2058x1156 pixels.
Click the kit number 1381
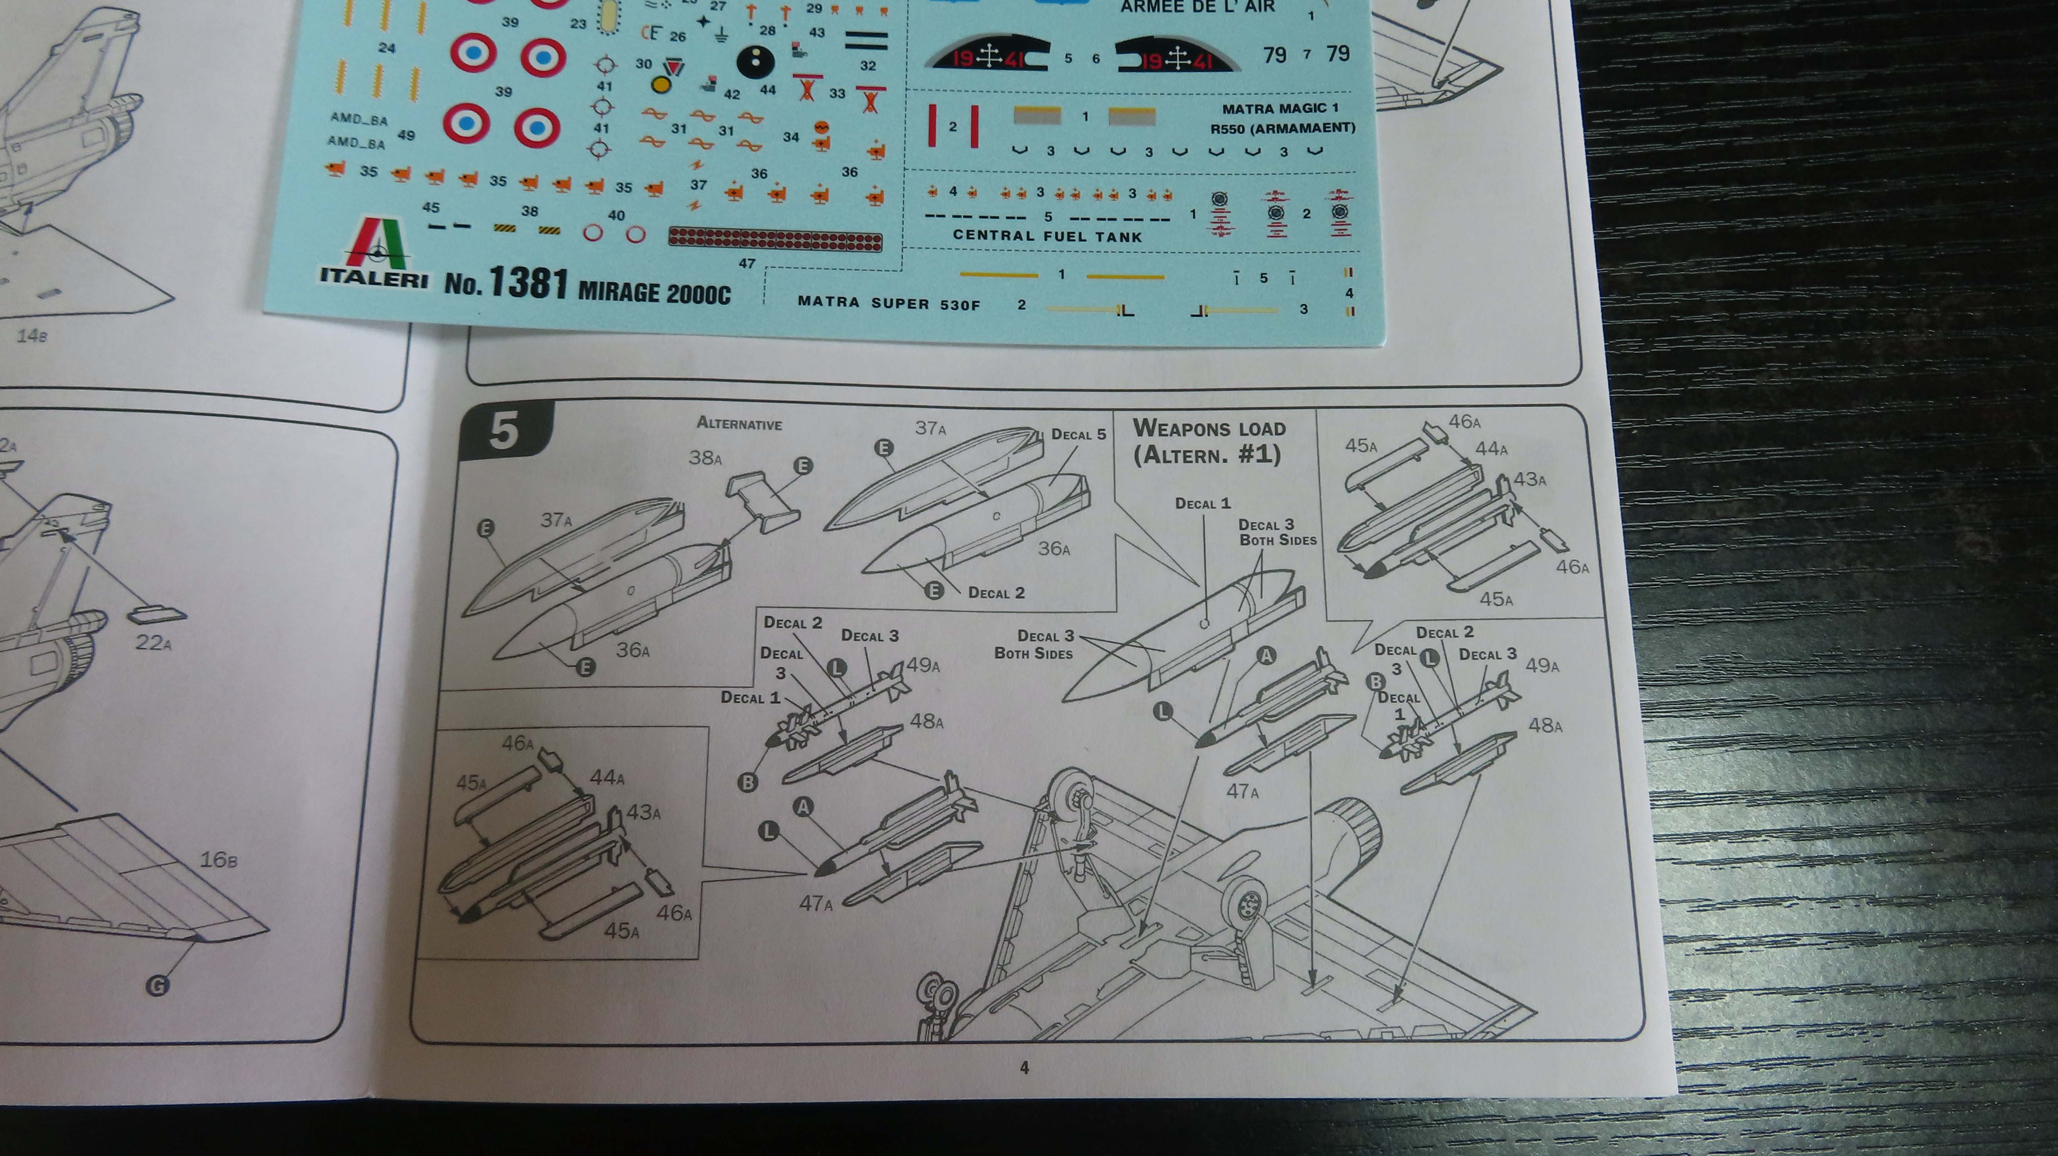528,283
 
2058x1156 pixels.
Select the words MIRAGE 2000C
653,293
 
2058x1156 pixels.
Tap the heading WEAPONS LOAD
1209,428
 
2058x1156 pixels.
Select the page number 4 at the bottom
1024,1067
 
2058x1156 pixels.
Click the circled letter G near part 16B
157,986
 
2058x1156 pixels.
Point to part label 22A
153,642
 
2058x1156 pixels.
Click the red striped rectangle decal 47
775,238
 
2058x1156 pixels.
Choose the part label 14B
32,335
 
